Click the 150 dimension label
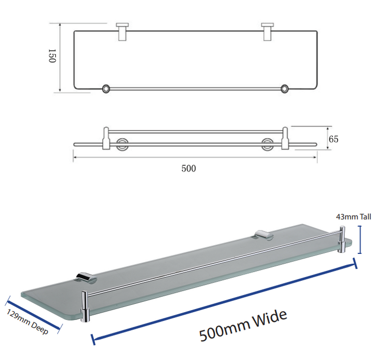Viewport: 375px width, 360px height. click(x=52, y=56)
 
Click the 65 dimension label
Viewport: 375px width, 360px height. click(x=333, y=139)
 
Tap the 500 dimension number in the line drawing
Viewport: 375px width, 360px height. click(x=189, y=169)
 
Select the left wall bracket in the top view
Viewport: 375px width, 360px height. click(x=122, y=32)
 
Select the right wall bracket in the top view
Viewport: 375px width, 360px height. click(x=267, y=32)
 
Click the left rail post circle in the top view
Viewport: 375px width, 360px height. click(x=106, y=88)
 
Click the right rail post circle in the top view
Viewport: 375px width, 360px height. click(x=284, y=88)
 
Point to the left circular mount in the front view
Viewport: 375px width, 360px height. click(x=122, y=144)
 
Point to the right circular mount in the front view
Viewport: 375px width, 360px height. click(x=267, y=144)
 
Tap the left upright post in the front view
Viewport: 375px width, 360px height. click(x=106, y=138)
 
